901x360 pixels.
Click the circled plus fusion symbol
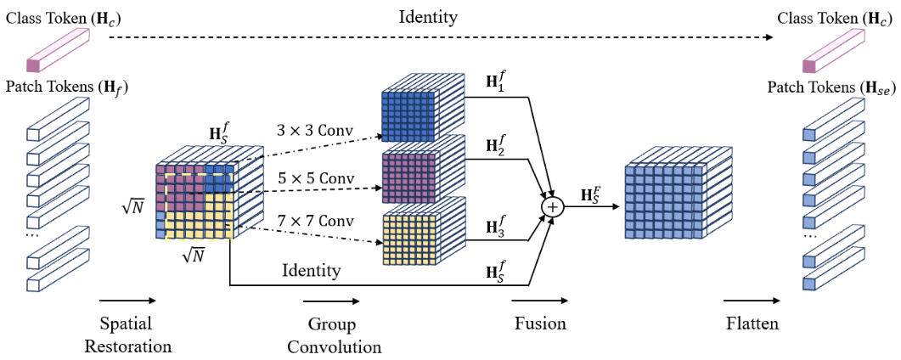pos(554,205)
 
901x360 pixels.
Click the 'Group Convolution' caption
pos(334,335)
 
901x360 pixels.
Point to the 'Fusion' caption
pos(540,323)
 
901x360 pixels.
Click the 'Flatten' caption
pos(752,323)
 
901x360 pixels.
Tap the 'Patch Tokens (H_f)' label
pos(67,87)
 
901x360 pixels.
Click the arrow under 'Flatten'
pos(752,300)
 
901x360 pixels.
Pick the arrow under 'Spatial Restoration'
pos(127,300)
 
